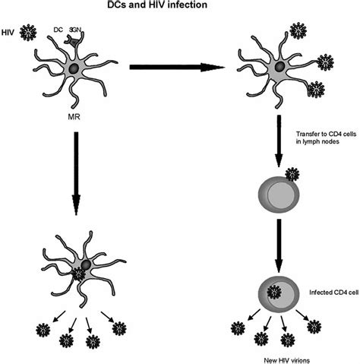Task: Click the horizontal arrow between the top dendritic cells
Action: point(179,68)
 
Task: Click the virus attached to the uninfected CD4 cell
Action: point(292,179)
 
